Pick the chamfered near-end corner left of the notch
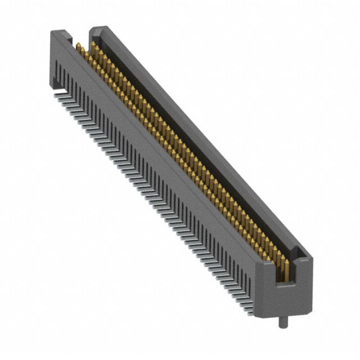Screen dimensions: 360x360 (x=264, y=270)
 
